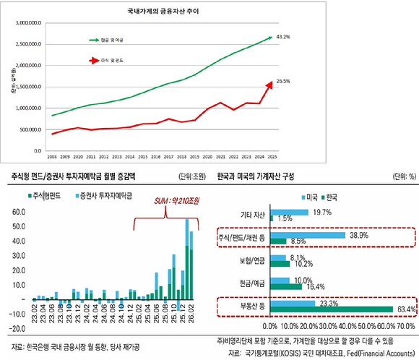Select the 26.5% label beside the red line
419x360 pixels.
click(x=282, y=83)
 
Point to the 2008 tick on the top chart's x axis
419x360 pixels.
click(x=51, y=155)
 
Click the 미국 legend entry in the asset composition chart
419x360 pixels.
click(x=310, y=197)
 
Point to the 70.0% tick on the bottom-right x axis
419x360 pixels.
click(x=406, y=327)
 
